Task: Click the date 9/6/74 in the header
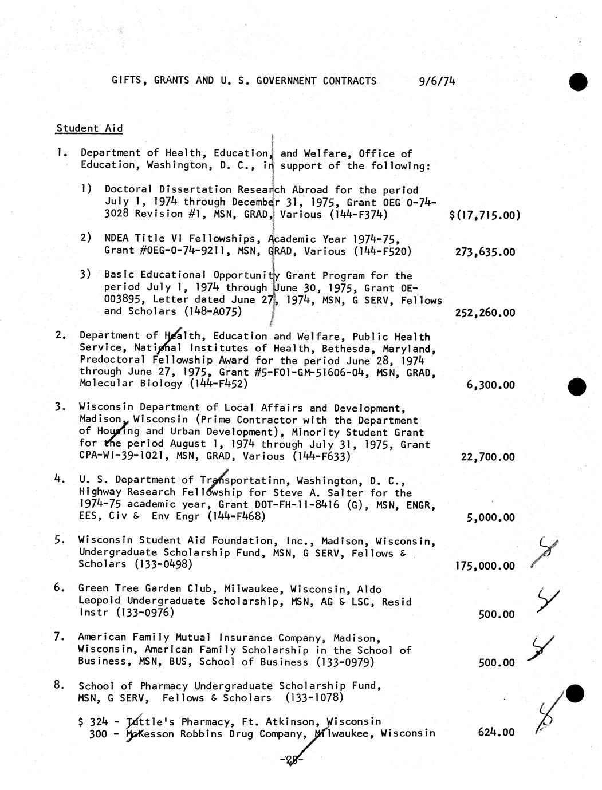pyautogui.click(x=437, y=81)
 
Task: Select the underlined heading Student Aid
pyautogui.click(x=89, y=128)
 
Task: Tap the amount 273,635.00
pyautogui.click(x=485, y=252)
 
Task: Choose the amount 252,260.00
pyautogui.click(x=485, y=313)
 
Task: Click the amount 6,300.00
pyautogui.click(x=490, y=385)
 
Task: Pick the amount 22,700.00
pyautogui.click(x=487, y=457)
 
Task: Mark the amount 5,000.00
pyautogui.click(x=490, y=518)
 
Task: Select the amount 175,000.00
pyautogui.click(x=485, y=566)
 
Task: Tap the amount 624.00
pyautogui.click(x=495, y=732)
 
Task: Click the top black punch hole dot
pyautogui.click(x=578, y=82)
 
